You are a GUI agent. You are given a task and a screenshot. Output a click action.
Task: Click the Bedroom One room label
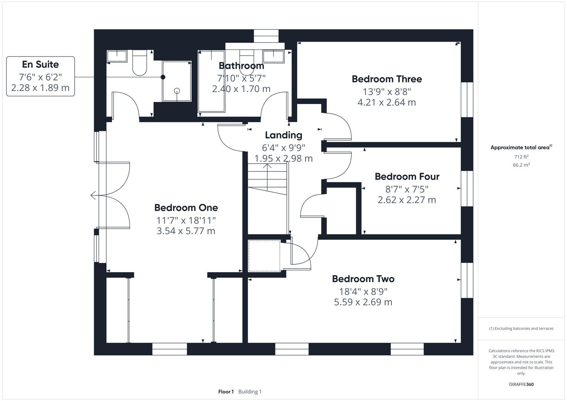186,208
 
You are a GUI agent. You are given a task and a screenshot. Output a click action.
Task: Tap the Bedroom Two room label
363,279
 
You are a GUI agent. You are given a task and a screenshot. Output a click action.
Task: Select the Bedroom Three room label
387,79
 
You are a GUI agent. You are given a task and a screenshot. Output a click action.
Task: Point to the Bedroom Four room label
407,176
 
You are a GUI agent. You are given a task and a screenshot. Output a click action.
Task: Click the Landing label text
283,135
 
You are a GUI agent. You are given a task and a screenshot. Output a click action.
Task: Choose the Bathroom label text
241,66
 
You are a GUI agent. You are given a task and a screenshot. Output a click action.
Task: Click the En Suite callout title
40,64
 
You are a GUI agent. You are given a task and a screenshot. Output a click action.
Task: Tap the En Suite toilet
140,63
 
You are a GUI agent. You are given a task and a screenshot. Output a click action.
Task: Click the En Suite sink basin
117,56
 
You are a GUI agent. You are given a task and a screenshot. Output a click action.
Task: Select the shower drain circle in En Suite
177,91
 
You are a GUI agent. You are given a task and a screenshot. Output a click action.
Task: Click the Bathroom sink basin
273,57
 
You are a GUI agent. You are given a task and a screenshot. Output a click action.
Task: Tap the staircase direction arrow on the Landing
267,165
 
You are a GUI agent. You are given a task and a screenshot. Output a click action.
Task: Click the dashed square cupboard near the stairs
264,256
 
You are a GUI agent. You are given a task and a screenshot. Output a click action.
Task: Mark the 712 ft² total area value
521,157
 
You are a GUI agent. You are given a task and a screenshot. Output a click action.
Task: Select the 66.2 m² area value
521,165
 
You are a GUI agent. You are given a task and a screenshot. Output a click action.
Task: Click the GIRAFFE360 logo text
521,384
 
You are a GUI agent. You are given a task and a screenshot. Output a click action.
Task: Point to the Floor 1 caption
226,392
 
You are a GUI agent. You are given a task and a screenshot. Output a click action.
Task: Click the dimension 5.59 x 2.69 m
363,302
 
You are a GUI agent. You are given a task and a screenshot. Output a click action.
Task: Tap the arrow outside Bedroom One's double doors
93,195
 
